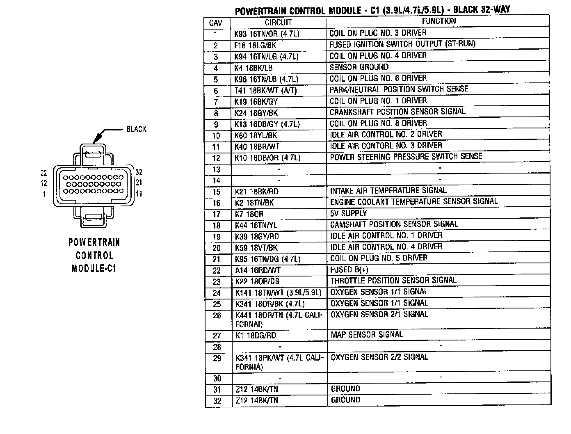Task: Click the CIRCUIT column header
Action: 278,23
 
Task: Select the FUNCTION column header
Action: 439,21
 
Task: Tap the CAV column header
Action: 216,23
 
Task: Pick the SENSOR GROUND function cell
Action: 359,67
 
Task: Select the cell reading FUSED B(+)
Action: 349,270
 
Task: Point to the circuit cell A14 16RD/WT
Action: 258,270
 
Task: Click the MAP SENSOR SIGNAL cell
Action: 367,335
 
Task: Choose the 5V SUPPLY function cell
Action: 348,213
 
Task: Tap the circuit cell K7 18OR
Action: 249,214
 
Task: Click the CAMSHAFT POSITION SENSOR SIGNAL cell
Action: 394,224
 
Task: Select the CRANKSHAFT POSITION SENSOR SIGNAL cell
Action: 397,112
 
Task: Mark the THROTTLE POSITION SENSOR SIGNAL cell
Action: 393,280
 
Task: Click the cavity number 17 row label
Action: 217,214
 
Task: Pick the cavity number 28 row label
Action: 217,347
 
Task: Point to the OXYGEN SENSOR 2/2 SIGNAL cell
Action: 379,357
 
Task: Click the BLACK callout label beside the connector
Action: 137,129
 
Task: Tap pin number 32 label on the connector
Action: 139,173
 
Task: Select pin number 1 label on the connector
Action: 44,194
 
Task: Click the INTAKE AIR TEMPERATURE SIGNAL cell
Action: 388,191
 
